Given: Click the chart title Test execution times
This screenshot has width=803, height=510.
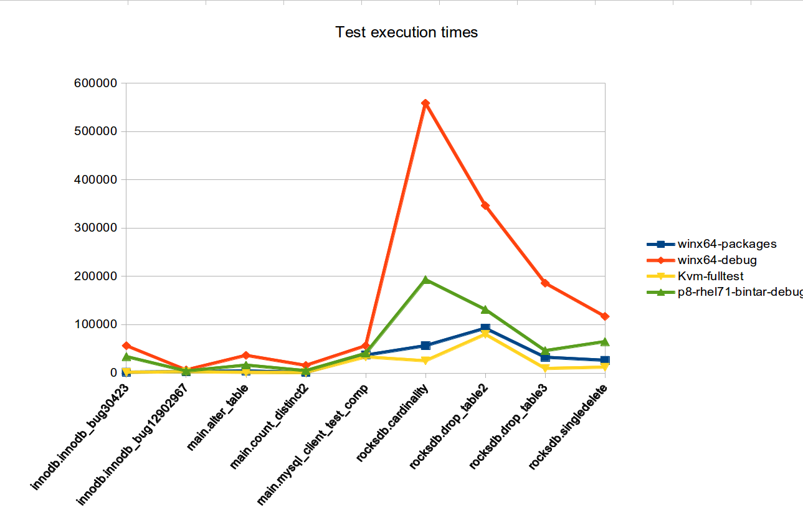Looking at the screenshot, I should [x=407, y=32].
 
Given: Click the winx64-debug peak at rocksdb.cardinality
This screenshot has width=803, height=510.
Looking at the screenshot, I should [x=425, y=103].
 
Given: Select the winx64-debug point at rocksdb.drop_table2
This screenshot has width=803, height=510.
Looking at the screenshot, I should [x=485, y=205].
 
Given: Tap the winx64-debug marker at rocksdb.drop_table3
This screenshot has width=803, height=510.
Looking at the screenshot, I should [x=545, y=283].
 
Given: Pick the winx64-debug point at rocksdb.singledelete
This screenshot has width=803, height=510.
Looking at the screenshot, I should [x=605, y=316].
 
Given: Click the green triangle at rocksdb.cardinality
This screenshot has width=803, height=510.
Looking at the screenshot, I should [x=425, y=280].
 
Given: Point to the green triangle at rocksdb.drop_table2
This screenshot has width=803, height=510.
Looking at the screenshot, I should [x=485, y=309].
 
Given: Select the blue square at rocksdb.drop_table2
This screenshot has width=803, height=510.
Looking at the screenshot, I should [x=485, y=328].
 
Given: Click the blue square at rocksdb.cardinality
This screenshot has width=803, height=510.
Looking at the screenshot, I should [x=425, y=345].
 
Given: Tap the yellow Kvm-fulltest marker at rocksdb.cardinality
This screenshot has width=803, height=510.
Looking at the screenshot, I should [x=425, y=361].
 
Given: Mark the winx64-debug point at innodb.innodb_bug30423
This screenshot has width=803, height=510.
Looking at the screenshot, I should [x=126, y=346].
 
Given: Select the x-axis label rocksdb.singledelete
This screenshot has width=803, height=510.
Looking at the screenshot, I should [x=568, y=427].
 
